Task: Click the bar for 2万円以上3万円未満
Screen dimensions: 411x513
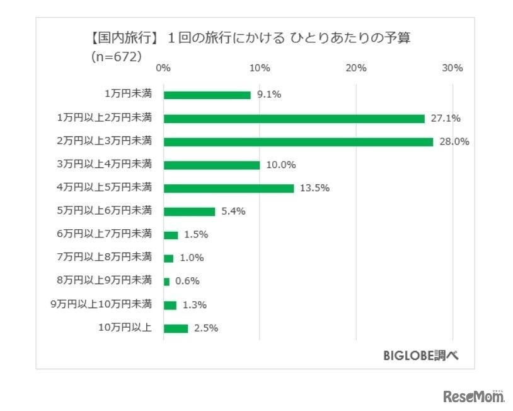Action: pyautogui.click(x=298, y=141)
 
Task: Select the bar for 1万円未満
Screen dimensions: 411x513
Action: pyautogui.click(x=207, y=95)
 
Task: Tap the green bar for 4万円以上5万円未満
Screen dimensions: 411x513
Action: pyautogui.click(x=229, y=188)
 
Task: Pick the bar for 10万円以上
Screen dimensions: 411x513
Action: pyautogui.click(x=176, y=328)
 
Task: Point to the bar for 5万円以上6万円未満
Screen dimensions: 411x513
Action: pyautogui.click(x=189, y=211)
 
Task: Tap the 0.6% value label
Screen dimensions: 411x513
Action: pyautogui.click(x=187, y=282)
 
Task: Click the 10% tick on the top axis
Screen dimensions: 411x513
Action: pyautogui.click(x=260, y=68)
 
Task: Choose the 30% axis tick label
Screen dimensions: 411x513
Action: pyautogui.click(x=452, y=68)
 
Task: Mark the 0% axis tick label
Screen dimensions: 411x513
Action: pyautogui.click(x=163, y=68)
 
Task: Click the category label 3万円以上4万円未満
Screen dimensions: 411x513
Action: pyautogui.click(x=104, y=165)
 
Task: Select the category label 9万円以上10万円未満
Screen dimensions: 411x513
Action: pyautogui.click(x=101, y=305)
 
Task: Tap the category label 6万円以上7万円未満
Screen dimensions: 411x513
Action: pyautogui.click(x=104, y=235)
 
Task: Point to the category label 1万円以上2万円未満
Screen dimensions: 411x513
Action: pyautogui.click(x=104, y=118)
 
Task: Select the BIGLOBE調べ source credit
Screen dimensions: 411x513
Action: pyautogui.click(x=420, y=355)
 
